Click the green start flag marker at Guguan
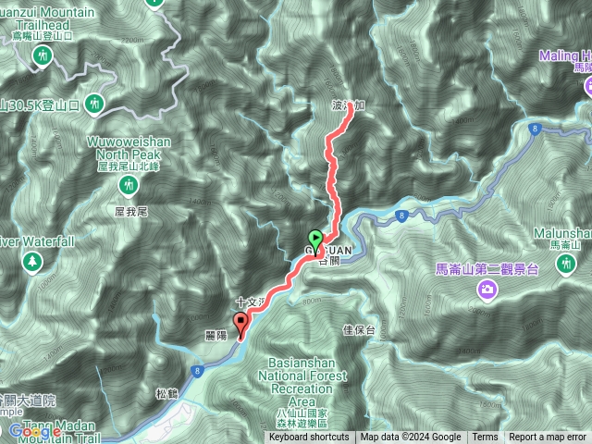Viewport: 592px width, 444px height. [x=314, y=239]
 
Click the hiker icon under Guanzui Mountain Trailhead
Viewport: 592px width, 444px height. [x=42, y=57]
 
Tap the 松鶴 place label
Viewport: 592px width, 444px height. [x=167, y=392]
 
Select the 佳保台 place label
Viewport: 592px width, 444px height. [x=358, y=329]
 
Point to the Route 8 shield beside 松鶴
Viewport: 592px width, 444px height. [x=198, y=371]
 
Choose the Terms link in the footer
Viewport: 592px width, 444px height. [x=485, y=438]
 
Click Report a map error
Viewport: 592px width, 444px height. [x=548, y=438]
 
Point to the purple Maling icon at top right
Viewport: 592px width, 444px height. [x=586, y=86]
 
